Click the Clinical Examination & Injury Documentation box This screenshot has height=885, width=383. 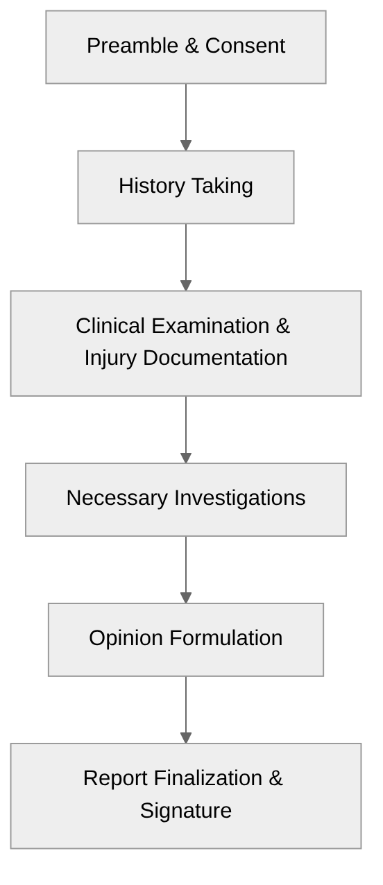[185, 343]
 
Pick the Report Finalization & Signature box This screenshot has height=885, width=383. [185, 796]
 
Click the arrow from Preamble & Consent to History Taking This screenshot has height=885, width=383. [185, 117]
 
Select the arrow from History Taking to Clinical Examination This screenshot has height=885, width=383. [185, 257]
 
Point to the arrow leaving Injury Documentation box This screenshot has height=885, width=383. [185, 429]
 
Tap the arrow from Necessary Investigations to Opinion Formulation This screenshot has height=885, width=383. [185, 569]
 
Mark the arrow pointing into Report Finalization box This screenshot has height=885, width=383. [185, 710]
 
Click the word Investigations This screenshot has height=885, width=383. [239, 498]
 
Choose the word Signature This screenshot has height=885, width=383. [185, 811]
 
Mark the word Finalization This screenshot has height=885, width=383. [208, 778]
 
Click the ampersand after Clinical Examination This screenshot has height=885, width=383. [282, 326]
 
